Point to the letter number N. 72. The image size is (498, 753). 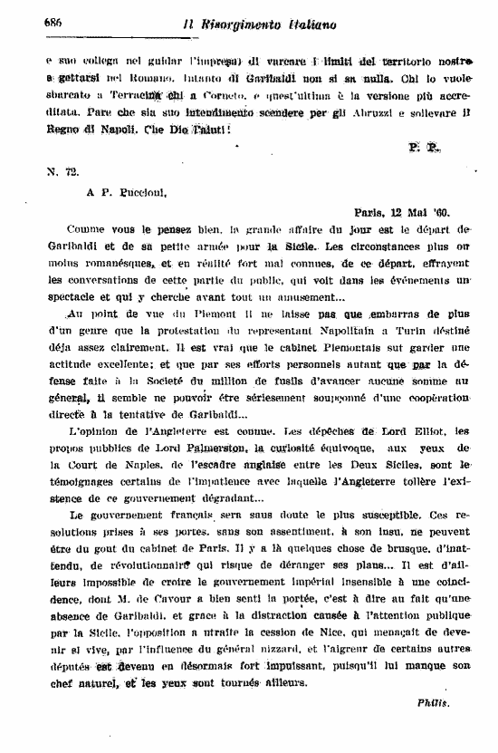[57, 170]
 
